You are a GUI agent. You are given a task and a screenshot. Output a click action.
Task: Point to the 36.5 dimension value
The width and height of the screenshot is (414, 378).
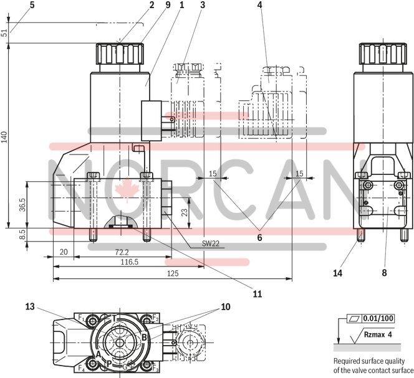tap(22, 204)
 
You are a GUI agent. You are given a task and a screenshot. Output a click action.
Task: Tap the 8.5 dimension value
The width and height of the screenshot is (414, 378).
tap(22, 235)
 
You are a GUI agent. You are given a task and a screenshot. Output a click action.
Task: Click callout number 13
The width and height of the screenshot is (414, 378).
tap(30, 306)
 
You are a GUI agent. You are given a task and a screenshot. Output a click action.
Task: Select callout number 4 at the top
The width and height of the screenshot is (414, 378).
tap(259, 5)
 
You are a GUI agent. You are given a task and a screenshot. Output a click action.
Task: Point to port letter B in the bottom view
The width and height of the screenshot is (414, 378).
tap(143, 338)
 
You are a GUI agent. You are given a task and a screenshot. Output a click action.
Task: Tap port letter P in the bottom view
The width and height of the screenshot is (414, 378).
tap(108, 362)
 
